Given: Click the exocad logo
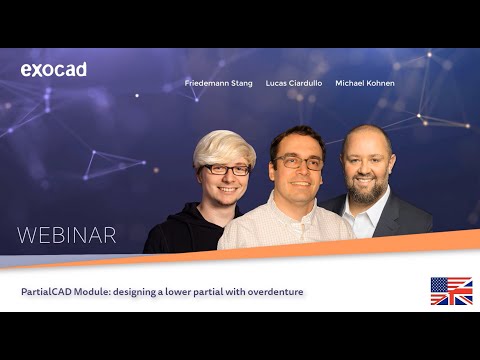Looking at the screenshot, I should point(53,70).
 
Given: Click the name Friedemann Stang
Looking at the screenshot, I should point(218,83).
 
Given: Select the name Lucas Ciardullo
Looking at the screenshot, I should point(292,83).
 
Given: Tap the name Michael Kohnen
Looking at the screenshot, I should point(364,83).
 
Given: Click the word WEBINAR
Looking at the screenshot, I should point(67,236).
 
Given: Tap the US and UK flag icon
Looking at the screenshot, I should point(451,291).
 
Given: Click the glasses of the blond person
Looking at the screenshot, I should point(227,170).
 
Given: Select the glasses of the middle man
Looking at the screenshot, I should point(297,162).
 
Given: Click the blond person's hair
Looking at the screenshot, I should point(222,146).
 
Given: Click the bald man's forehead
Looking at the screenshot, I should point(365,140).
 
